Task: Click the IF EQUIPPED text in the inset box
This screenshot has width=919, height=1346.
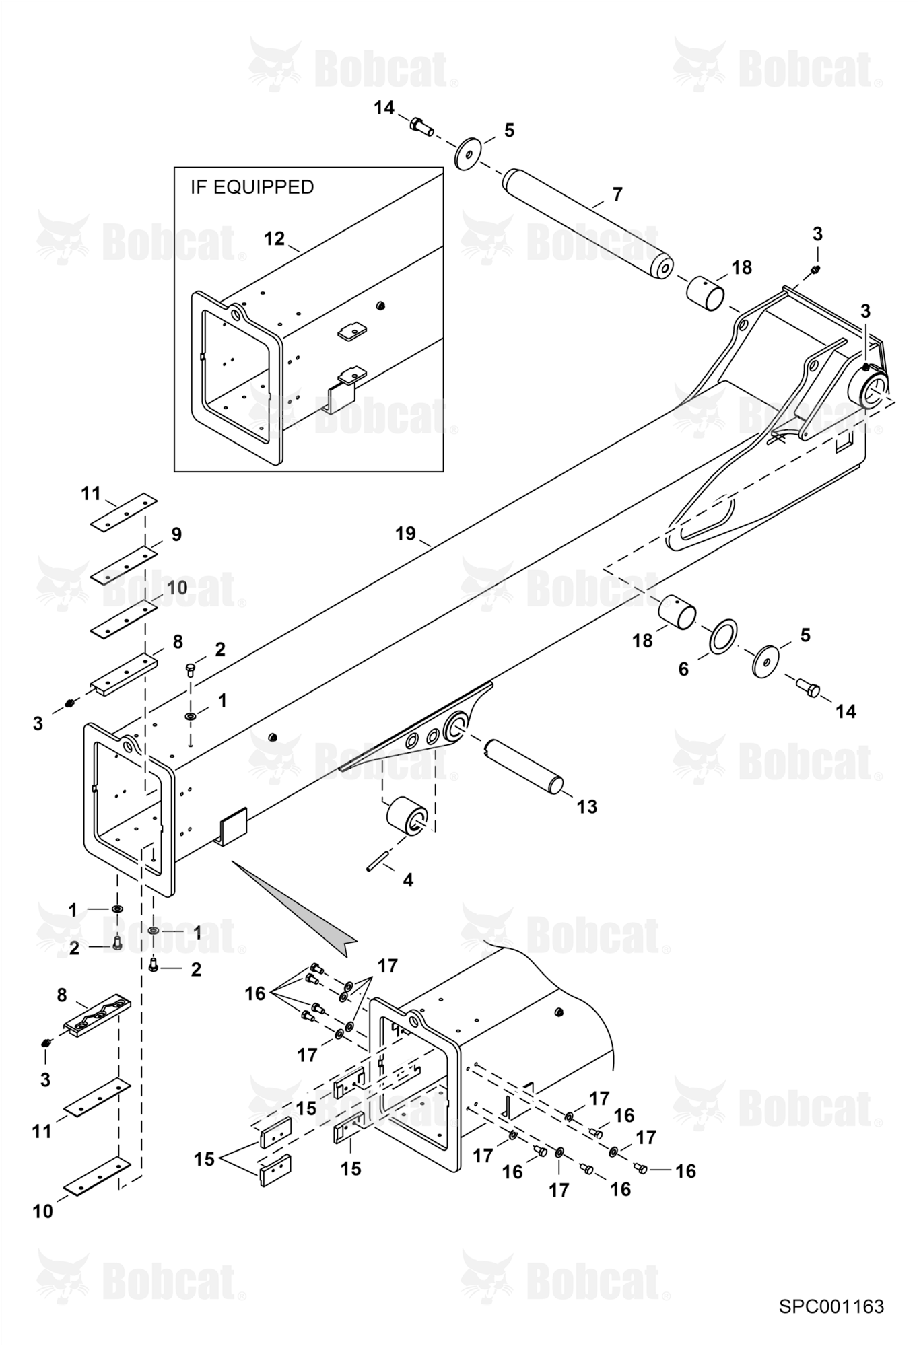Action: [252, 187]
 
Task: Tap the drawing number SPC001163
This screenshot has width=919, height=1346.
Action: [831, 1306]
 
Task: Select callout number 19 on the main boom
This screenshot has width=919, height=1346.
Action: [405, 534]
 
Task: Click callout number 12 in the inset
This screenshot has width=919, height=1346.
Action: [274, 239]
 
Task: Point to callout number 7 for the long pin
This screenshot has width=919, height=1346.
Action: [617, 194]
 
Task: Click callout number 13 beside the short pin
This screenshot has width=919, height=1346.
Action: [587, 806]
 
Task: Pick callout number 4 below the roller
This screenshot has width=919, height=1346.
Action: [408, 880]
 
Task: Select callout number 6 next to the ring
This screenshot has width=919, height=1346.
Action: [683, 669]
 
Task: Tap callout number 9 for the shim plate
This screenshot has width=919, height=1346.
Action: [176, 534]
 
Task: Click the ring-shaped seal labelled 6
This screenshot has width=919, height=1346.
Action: [722, 636]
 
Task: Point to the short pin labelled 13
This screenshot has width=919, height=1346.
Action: [523, 766]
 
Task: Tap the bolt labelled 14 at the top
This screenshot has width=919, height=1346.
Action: [421, 125]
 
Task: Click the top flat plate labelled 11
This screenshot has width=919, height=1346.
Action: [124, 514]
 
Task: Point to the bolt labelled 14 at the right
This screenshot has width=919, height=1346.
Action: [807, 688]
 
